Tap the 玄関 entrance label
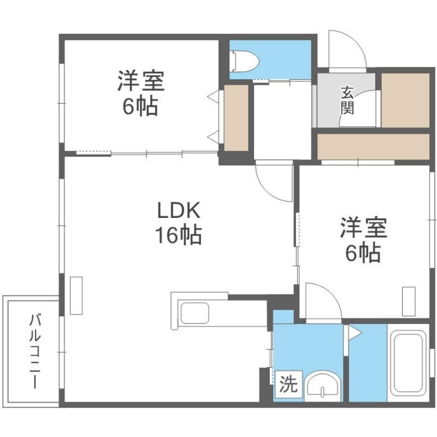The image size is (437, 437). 348,99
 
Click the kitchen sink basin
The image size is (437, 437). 194,314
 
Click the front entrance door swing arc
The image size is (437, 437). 346,49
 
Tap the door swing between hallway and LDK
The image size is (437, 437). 273,180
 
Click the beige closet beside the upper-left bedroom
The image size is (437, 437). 237,117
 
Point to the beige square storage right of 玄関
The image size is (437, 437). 405,99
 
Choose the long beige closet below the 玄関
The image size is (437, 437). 374,146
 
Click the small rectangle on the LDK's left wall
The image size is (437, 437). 76,295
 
